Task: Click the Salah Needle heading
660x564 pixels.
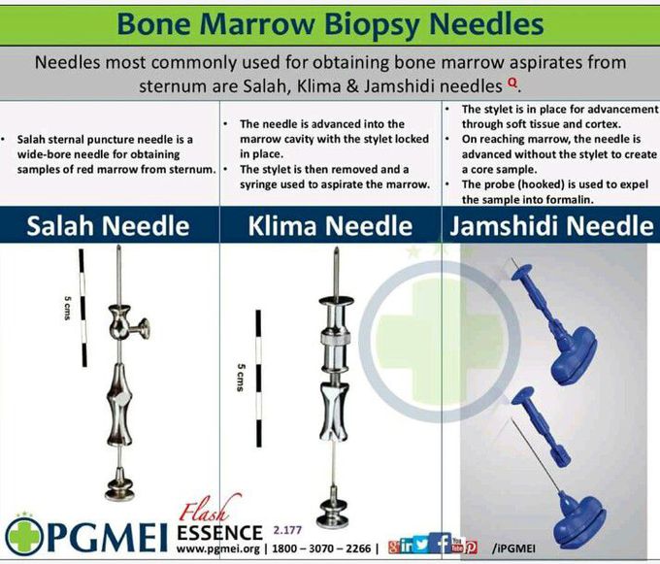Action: (108, 226)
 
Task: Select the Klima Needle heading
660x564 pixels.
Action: (330, 227)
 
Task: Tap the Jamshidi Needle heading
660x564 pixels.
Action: (549, 226)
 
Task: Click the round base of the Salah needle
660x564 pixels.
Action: (117, 483)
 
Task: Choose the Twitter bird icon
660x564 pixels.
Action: (420, 546)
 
